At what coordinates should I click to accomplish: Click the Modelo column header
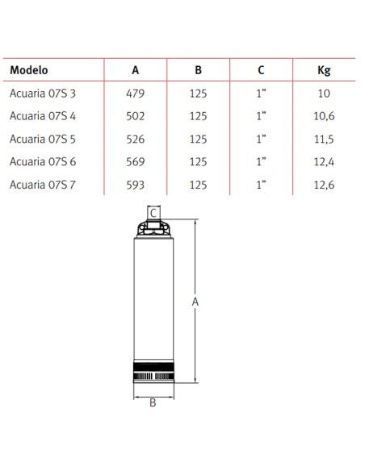(x=29, y=70)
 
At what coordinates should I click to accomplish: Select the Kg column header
(x=324, y=70)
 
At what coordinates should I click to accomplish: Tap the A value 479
(x=136, y=94)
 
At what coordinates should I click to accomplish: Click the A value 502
(x=136, y=116)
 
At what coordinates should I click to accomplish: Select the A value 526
(x=136, y=139)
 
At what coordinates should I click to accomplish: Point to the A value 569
(x=136, y=162)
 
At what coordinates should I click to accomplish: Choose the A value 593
(x=136, y=185)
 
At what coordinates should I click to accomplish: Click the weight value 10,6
(x=324, y=116)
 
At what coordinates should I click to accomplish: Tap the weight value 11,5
(x=324, y=139)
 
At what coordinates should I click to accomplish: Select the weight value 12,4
(x=324, y=162)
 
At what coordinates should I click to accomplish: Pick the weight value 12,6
(x=324, y=185)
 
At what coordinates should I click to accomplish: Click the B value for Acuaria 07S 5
(x=199, y=139)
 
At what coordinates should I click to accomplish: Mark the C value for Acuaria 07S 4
(x=261, y=116)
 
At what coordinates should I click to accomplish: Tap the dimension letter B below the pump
(x=153, y=403)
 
